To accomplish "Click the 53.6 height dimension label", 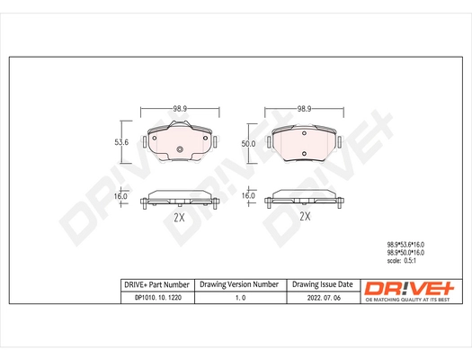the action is tap(121, 142).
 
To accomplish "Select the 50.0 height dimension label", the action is tap(248, 144).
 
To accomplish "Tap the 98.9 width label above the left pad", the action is tap(180, 109).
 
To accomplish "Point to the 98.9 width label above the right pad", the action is tap(304, 109).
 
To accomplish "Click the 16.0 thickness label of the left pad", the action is tap(120, 196).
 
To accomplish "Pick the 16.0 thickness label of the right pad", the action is tap(248, 196).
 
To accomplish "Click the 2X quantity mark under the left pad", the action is tap(179, 217).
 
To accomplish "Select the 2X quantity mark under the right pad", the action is tap(305, 216).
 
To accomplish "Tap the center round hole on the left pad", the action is tap(180, 149).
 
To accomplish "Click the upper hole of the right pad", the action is tap(304, 133).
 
